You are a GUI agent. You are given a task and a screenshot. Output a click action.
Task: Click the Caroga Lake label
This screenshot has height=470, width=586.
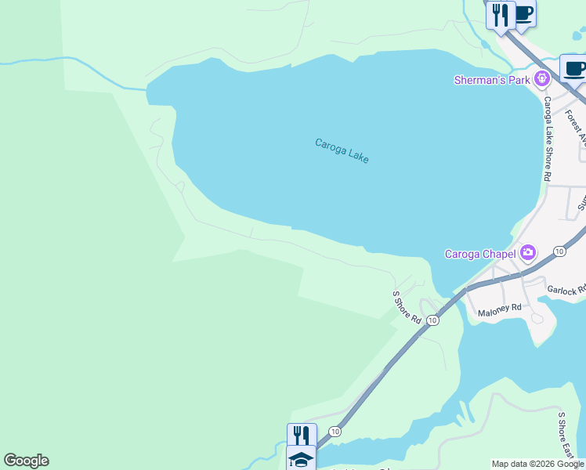coord(342,150)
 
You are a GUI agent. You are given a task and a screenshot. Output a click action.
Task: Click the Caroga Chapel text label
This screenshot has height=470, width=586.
coord(479,253)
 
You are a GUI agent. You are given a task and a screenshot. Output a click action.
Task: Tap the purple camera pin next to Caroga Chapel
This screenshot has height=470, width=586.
coord(528,252)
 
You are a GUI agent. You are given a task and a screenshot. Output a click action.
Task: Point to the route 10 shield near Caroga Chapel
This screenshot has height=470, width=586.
coord(559,251)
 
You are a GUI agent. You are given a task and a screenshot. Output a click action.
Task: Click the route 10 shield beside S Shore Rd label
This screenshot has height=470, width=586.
coord(432,320)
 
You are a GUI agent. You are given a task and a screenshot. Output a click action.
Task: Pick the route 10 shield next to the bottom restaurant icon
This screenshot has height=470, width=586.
coord(335,432)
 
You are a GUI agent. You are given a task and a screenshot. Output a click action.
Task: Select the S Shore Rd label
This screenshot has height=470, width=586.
coord(407,307)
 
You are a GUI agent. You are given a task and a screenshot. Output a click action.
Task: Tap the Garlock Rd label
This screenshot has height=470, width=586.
coord(566,290)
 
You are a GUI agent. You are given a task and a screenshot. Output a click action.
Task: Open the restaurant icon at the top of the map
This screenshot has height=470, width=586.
coord(500,14)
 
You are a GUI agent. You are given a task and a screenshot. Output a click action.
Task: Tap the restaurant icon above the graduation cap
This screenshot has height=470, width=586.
coord(301,435)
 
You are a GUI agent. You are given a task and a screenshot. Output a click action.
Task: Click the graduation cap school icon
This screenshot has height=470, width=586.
coord(301,459)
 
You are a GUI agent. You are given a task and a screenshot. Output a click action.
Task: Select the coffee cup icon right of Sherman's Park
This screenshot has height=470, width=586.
coord(574,68)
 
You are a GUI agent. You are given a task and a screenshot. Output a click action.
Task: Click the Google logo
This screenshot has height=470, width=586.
coord(26,461)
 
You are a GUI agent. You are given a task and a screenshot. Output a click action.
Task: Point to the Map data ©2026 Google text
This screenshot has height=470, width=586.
coord(538,464)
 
